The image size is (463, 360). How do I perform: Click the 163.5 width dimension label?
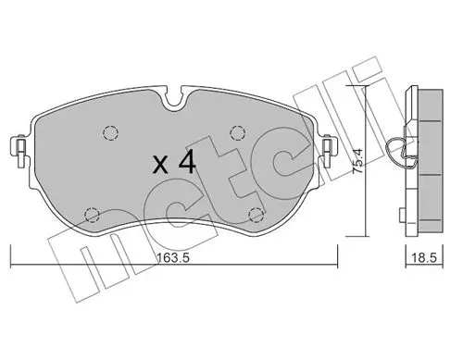pyautogui.click(x=173, y=258)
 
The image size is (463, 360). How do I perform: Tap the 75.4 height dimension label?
pyautogui.click(x=358, y=161)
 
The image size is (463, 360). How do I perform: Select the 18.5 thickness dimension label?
pyautogui.click(x=424, y=258)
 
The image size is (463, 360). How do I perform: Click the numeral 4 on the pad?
pyautogui.click(x=187, y=161)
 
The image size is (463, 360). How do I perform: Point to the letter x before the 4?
pyautogui.click(x=161, y=165)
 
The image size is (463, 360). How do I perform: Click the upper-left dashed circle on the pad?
pyautogui.click(x=110, y=133)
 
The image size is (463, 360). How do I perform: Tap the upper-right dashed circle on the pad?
pyautogui.click(x=238, y=133)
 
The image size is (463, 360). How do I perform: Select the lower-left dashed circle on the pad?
pyautogui.click(x=92, y=215)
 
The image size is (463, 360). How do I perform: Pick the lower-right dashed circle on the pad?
pyautogui.click(x=257, y=215)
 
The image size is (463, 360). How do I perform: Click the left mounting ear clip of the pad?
pyautogui.click(x=20, y=150)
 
